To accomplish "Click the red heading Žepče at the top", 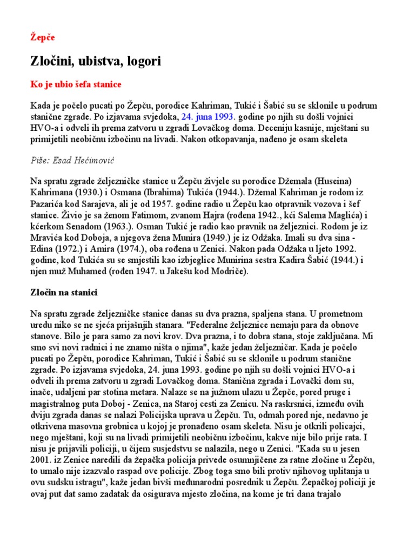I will pyautogui.click(x=42, y=37).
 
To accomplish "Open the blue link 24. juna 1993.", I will pyautogui.click(x=207, y=116).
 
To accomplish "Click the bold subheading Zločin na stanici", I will pyautogui.click(x=63, y=293).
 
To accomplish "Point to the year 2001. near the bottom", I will pyautogui.click(x=42, y=461).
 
